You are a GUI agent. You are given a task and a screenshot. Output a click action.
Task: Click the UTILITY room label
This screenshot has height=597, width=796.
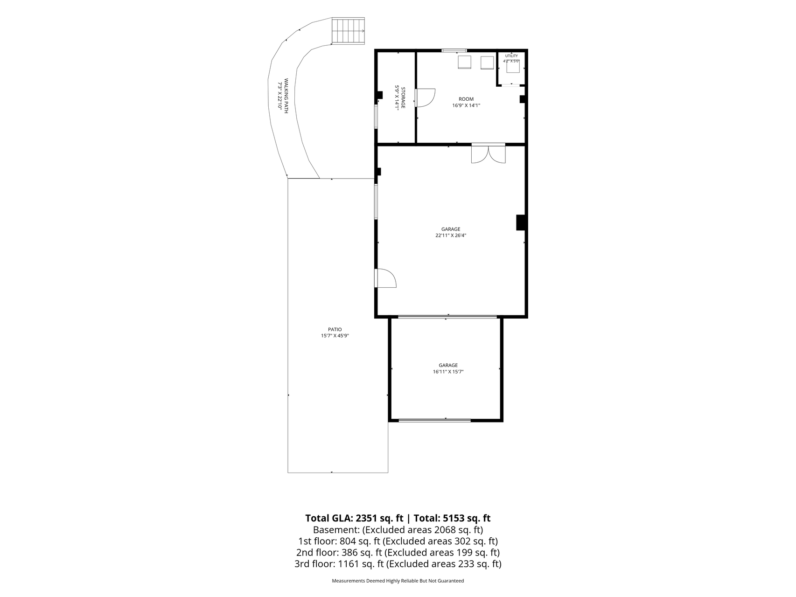click(511, 56)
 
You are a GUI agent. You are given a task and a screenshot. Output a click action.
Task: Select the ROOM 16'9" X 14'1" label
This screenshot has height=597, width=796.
click(466, 102)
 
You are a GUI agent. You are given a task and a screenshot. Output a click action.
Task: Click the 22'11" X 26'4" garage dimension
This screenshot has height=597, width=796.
click(451, 236)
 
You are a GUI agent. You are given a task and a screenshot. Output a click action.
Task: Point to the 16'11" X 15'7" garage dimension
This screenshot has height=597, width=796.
click(448, 372)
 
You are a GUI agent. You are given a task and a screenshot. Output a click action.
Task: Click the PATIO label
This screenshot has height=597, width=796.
click(335, 329)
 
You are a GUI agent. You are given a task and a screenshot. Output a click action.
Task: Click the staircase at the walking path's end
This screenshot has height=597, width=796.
click(348, 31)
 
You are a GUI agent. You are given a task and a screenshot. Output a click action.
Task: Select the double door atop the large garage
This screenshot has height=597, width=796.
click(488, 153)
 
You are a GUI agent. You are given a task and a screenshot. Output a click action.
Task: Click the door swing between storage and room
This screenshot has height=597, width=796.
click(425, 98)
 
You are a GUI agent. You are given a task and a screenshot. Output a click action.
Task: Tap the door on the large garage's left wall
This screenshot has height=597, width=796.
click(385, 278)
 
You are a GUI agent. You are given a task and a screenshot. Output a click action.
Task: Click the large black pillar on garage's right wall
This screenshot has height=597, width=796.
click(521, 222)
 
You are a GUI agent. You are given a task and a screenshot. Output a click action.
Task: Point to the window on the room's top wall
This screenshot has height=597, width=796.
click(454, 50)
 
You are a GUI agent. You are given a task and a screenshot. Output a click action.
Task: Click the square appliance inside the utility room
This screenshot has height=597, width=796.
click(513, 67)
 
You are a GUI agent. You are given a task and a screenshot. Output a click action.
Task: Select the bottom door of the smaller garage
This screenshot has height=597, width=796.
click(434, 421)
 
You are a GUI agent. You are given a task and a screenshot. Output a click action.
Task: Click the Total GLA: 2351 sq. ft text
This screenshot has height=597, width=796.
click(354, 518)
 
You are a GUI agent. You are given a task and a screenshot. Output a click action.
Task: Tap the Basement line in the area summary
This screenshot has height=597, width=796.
click(398, 530)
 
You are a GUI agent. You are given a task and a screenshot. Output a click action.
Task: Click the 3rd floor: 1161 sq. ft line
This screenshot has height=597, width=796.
click(398, 564)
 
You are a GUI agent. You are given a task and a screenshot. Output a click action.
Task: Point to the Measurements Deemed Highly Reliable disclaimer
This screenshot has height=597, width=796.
click(398, 581)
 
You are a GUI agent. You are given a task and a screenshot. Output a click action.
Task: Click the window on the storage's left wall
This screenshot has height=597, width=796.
click(376, 117)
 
